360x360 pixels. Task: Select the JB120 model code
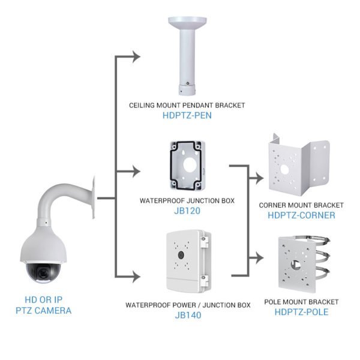click(x=187, y=211)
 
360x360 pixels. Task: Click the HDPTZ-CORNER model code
click(x=301, y=215)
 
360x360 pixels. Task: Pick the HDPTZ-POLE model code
click(x=301, y=311)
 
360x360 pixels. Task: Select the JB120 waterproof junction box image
click(x=187, y=164)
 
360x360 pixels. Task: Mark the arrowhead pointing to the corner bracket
click(x=259, y=178)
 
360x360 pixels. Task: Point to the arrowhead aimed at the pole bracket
click(x=259, y=259)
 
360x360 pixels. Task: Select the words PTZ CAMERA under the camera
click(x=43, y=311)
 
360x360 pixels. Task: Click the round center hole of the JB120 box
click(x=188, y=163)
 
